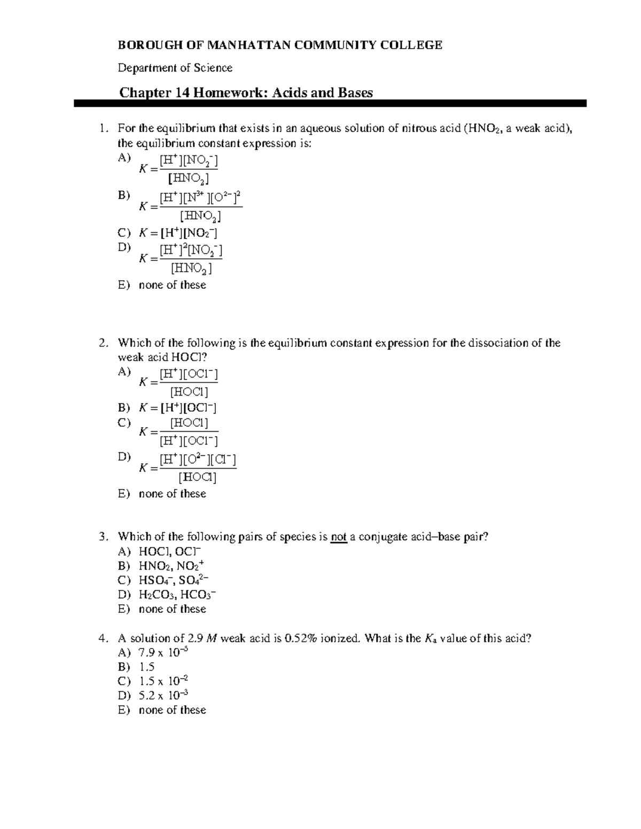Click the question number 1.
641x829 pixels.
(x=103, y=129)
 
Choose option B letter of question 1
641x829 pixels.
(x=123, y=195)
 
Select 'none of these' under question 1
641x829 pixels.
(x=172, y=285)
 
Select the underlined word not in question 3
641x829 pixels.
(x=339, y=537)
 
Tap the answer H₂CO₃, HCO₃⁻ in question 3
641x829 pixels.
(x=177, y=595)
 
